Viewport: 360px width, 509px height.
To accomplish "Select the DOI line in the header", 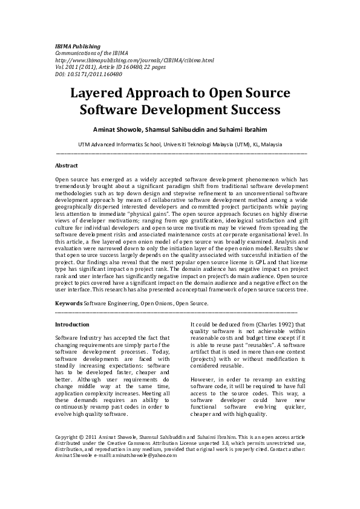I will click(x=89, y=74).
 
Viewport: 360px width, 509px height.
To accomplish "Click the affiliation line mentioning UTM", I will click(x=180, y=144).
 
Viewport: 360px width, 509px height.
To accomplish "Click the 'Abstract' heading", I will click(x=67, y=164).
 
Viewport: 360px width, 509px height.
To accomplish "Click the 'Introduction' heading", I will click(x=72, y=325).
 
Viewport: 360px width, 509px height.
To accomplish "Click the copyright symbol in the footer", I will click(x=82, y=436).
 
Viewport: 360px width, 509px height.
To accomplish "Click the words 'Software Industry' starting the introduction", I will click(x=76, y=336).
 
